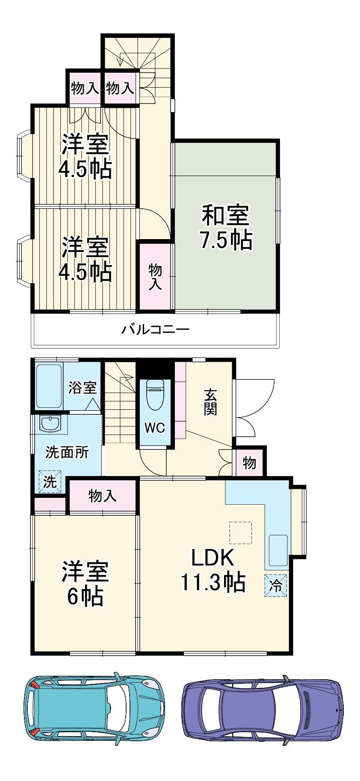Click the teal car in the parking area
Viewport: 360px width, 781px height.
click(x=94, y=708)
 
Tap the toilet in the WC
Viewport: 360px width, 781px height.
click(x=154, y=395)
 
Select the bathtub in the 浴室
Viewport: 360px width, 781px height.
click(x=49, y=386)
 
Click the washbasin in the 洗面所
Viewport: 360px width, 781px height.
click(x=51, y=423)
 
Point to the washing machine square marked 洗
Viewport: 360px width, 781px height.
click(x=50, y=482)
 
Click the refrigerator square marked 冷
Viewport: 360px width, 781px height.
click(x=276, y=585)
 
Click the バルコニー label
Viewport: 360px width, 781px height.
click(x=155, y=330)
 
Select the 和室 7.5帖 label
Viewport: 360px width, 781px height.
click(x=226, y=227)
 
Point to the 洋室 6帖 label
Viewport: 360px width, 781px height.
click(x=85, y=583)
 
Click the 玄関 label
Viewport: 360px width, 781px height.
click(x=210, y=402)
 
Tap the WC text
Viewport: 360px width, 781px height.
click(x=154, y=428)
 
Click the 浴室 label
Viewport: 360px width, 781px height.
click(x=83, y=388)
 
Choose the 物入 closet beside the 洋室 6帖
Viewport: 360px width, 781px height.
click(x=103, y=496)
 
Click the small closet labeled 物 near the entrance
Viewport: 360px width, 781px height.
click(x=250, y=462)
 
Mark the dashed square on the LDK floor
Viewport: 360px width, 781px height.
click(x=240, y=532)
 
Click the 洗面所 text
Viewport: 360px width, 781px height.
click(x=67, y=452)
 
